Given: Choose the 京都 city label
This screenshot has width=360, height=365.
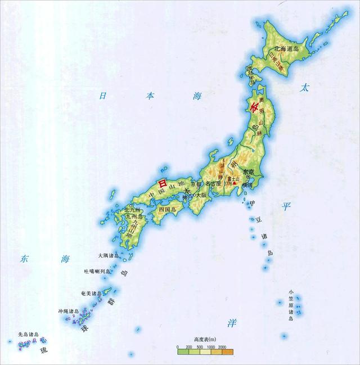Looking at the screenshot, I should pyautogui.click(x=195, y=184).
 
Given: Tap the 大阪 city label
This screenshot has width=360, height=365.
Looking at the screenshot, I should pyautogui.click(x=201, y=195).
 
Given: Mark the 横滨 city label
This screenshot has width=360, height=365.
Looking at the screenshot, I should pyautogui.click(x=247, y=184).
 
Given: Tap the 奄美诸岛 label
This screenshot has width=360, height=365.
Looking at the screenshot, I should pyautogui.click(x=89, y=293).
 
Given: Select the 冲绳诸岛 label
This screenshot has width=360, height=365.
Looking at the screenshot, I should pyautogui.click(x=67, y=310).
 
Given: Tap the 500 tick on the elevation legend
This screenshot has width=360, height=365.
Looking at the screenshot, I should pyautogui.click(x=201, y=349).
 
